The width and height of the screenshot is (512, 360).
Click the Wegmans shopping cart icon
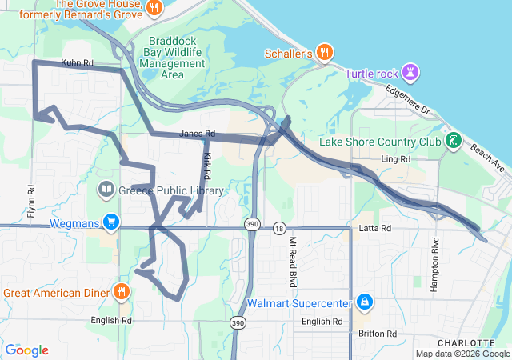click(111, 222)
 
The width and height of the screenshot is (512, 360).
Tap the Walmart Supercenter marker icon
click(365, 302)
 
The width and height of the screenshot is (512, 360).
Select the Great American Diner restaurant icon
click(121, 291)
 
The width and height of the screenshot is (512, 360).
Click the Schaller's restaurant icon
click(324, 54)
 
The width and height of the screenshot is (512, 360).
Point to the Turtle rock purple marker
click(411, 73)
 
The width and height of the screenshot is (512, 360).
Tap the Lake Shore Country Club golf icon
click(454, 142)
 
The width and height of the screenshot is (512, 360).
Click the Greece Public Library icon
click(106, 190)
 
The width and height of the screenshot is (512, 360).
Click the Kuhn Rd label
click(77, 62)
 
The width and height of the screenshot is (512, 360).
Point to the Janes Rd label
click(198, 134)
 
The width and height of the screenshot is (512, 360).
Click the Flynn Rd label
click(31, 202)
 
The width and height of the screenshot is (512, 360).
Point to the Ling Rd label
click(395, 159)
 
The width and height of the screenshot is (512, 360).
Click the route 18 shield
click(278, 228)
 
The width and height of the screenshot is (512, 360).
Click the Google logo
click(26, 350)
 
